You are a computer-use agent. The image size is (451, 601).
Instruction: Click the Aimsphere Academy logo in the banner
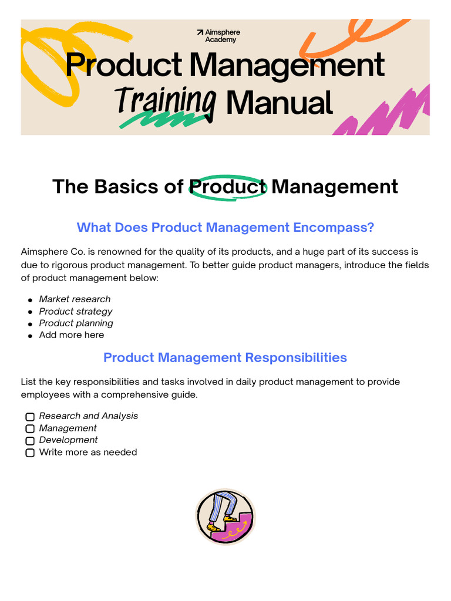(218, 36)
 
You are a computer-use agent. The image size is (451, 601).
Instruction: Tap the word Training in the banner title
(166, 100)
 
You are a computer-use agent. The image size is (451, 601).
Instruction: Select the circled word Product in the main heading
(228, 187)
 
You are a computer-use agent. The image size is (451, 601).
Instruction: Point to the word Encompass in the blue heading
(337, 227)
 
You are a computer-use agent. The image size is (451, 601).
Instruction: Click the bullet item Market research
(75, 299)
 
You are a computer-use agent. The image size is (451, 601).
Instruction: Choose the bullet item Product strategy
(76, 311)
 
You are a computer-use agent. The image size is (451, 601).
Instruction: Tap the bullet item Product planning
(76, 323)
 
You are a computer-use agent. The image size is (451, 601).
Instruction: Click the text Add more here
(71, 335)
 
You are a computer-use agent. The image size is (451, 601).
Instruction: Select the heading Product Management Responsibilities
(225, 357)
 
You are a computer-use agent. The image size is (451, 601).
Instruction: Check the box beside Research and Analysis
(30, 417)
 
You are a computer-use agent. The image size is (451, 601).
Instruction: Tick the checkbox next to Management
(30, 428)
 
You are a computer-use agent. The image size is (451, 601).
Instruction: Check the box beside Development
(30, 440)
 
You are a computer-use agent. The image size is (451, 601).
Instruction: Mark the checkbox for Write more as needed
(30, 453)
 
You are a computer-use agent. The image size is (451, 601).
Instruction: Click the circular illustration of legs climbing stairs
(225, 517)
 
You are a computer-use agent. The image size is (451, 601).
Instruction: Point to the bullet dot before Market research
(30, 300)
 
